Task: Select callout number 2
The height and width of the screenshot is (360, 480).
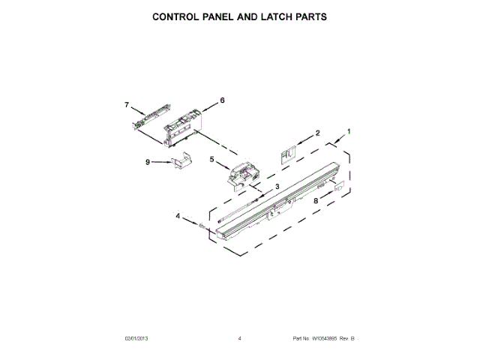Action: coord(317,133)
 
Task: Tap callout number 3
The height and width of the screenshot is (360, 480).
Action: coord(277,186)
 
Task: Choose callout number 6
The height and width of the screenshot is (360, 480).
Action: coord(222,100)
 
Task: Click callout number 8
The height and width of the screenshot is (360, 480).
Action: coord(316,201)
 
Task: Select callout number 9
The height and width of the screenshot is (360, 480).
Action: coord(148,161)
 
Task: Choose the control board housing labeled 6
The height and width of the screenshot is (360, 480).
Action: coord(182,122)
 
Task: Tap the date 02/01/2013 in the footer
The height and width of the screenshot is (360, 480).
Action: coord(138,338)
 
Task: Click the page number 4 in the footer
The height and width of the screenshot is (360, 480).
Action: coord(239,338)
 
